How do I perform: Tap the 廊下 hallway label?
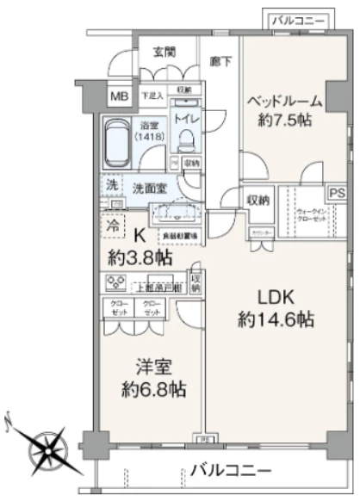click(220, 61)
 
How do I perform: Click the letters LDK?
click(276, 297)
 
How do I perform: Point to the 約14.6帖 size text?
click(276, 319)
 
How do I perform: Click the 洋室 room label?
click(155, 366)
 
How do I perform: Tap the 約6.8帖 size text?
click(155, 389)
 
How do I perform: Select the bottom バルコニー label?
click(231, 470)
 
